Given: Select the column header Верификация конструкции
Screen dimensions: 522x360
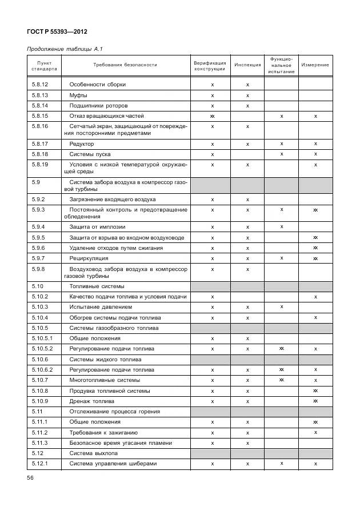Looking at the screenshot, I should [210, 65].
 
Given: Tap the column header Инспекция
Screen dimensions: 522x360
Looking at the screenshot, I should [247, 65].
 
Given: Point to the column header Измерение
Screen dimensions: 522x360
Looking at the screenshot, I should [315, 65].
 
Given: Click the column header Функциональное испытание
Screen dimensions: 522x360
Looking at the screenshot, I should [281, 65].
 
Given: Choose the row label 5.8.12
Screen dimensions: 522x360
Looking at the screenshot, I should [40, 85].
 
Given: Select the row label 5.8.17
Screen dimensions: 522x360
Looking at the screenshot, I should [40, 144].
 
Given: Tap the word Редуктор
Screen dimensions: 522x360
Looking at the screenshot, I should [82, 144].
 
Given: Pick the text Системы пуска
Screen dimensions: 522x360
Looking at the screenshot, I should [90, 154].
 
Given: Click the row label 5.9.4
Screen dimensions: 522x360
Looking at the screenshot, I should [38, 227].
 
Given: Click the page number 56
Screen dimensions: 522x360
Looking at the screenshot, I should [31, 478].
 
